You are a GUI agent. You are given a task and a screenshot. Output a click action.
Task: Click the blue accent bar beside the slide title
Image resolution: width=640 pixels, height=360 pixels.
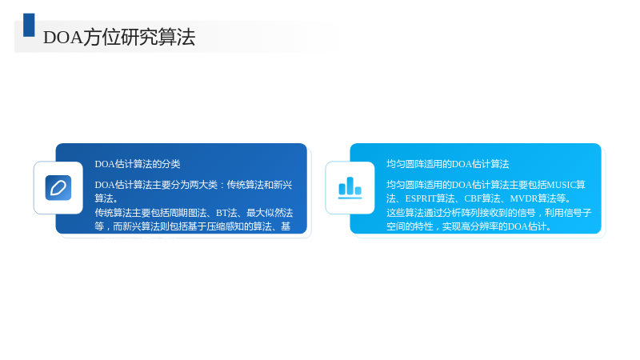click(29, 25)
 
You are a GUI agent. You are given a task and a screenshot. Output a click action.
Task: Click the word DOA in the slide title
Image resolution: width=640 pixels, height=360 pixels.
click(63, 38)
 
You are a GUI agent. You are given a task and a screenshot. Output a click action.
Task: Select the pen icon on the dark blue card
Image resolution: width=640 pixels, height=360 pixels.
click(58, 188)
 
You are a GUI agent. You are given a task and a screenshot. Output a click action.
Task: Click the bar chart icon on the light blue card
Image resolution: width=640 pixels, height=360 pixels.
click(350, 188)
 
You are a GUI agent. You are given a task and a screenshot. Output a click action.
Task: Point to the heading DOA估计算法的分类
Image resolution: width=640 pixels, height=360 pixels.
click(138, 164)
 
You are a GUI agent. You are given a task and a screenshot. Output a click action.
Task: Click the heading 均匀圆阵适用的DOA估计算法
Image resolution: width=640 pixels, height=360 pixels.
click(448, 164)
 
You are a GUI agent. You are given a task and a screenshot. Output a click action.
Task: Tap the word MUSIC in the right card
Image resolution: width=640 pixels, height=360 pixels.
click(562, 185)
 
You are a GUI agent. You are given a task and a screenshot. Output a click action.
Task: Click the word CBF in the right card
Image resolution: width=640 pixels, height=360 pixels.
click(473, 198)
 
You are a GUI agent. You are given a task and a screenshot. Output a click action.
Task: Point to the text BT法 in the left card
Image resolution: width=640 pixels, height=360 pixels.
click(226, 213)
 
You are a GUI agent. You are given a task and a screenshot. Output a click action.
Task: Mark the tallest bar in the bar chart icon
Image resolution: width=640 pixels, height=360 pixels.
click(350, 186)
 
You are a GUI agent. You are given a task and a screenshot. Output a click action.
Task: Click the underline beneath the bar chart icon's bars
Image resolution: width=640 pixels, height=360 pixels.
click(350, 198)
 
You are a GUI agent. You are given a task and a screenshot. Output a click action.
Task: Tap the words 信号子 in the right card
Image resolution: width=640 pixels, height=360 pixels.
click(578, 213)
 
